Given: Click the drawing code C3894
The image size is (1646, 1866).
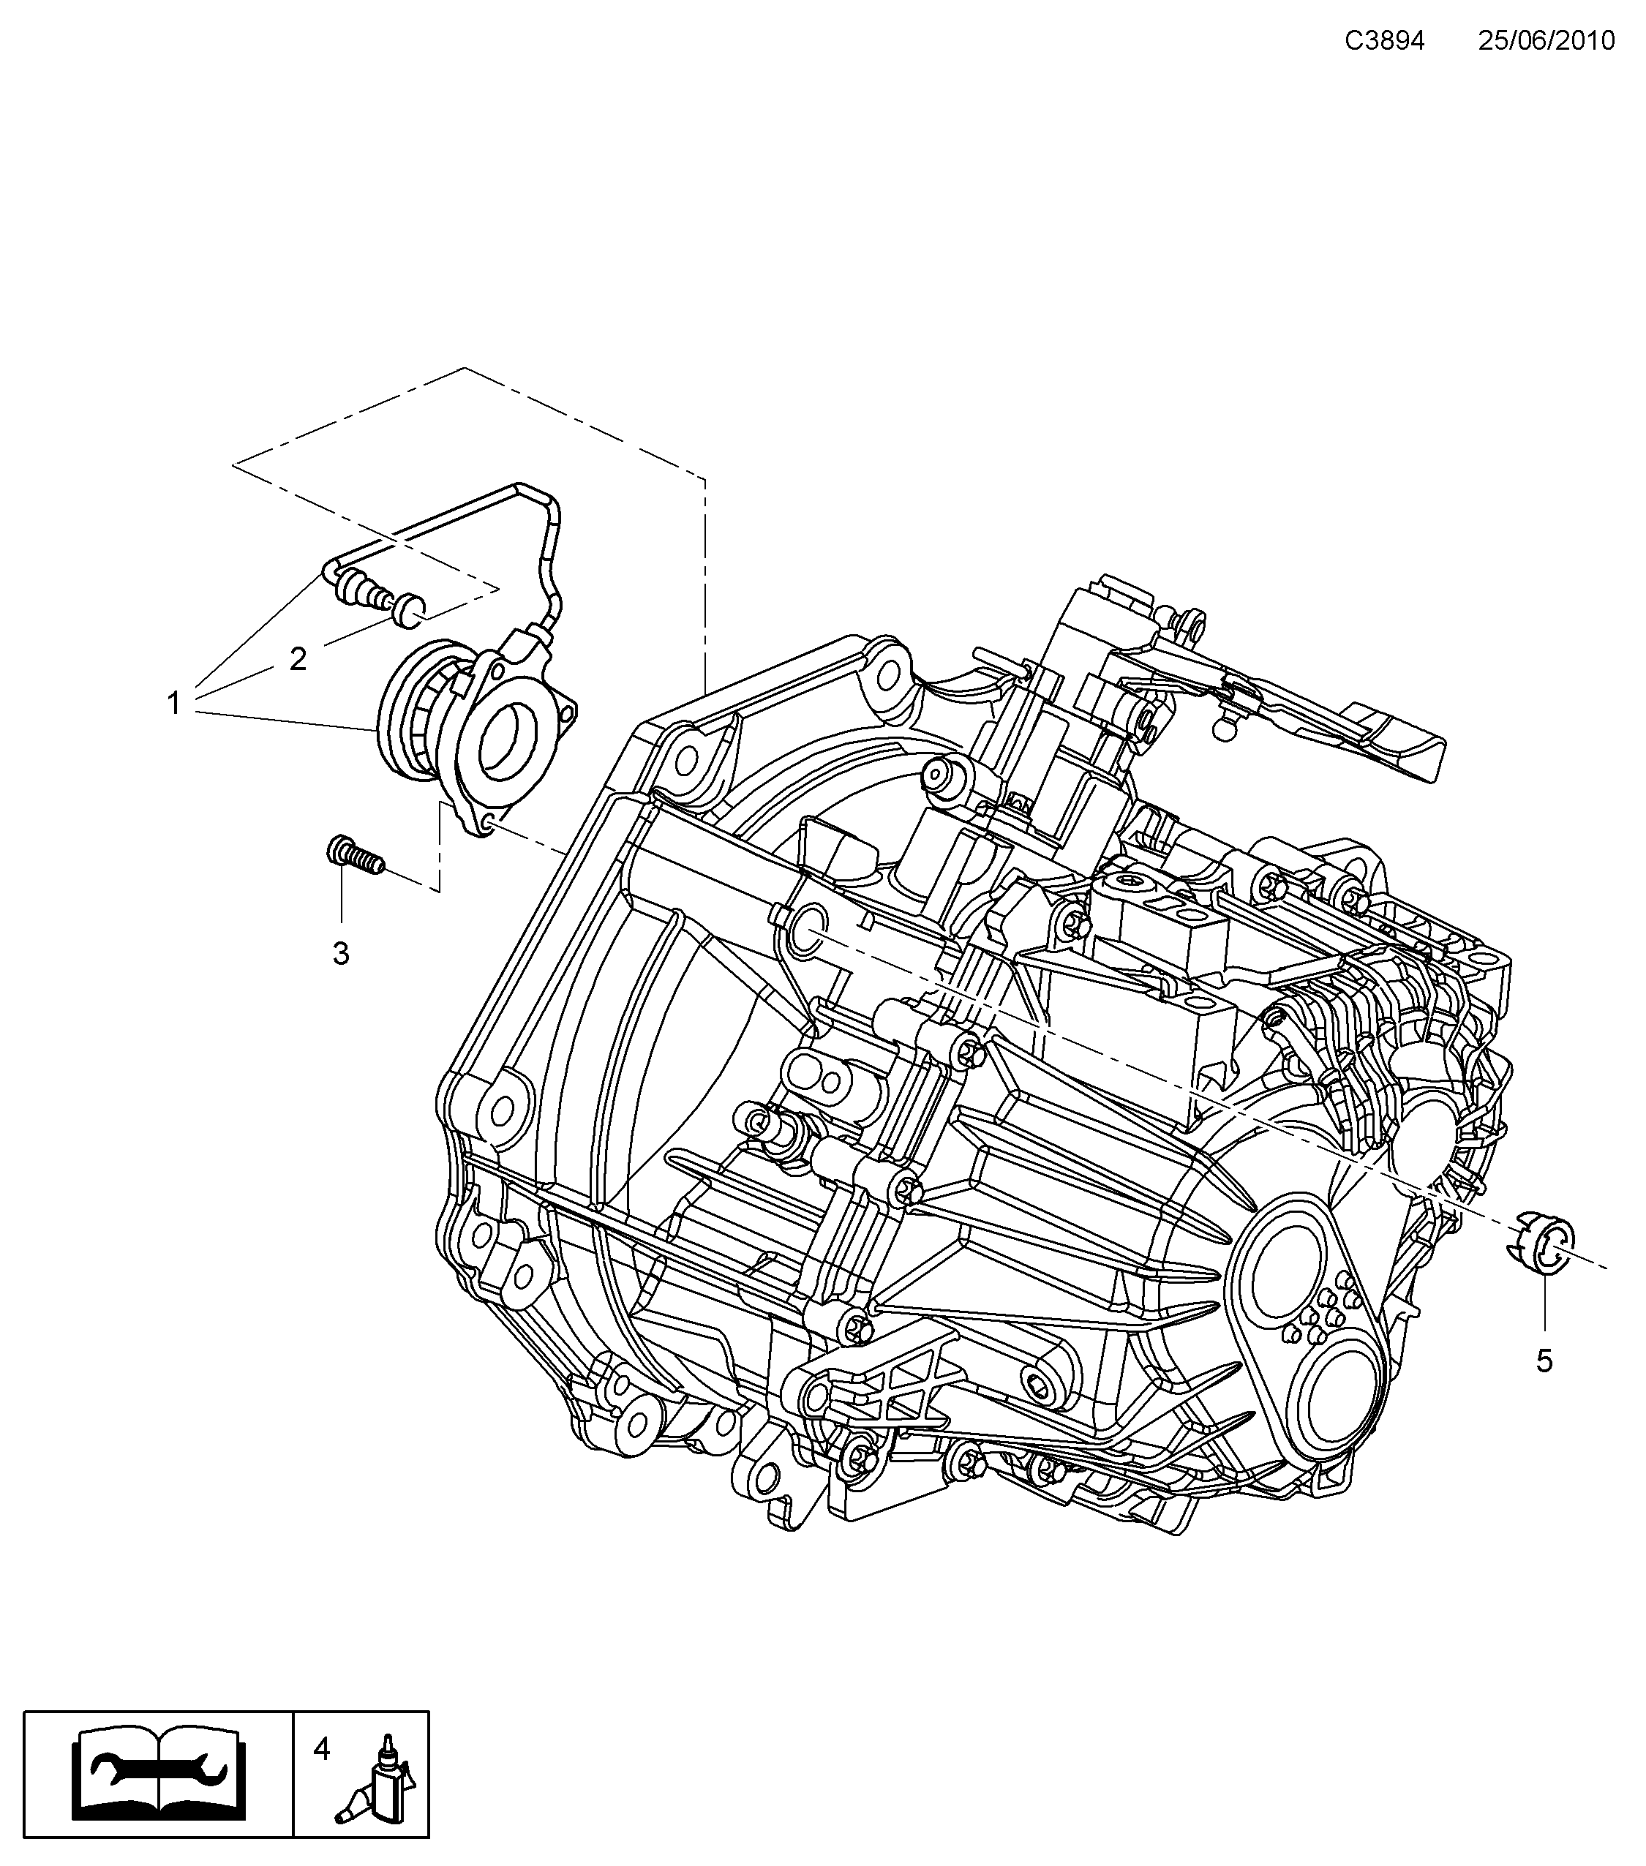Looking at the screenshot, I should pyautogui.click(x=1384, y=41).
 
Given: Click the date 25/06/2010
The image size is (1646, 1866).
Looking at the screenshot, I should pyautogui.click(x=1547, y=41).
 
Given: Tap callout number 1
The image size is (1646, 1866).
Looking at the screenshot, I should pyautogui.click(x=173, y=703).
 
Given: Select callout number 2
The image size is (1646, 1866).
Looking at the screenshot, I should pyautogui.click(x=298, y=658).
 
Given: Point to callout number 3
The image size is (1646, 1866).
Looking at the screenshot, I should pyautogui.click(x=340, y=954).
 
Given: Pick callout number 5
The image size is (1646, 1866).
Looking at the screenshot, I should pyautogui.click(x=1544, y=1387).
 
